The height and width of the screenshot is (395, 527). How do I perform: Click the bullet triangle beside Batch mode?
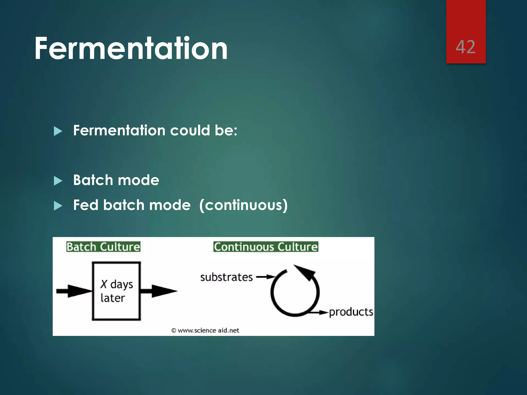coord(58,181)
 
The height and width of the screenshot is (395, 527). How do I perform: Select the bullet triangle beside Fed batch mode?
coord(58,206)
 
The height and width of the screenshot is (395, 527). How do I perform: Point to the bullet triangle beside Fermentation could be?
coord(58,131)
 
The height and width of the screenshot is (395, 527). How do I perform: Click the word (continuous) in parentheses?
coord(243,205)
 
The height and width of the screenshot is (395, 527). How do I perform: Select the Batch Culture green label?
coord(103,247)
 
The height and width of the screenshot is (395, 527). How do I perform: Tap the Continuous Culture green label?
coord(266,247)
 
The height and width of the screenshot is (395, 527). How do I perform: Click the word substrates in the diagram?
coord(226,277)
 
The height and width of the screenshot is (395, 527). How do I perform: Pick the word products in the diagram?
coord(351,312)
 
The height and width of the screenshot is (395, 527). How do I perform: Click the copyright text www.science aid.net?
coord(205,330)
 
